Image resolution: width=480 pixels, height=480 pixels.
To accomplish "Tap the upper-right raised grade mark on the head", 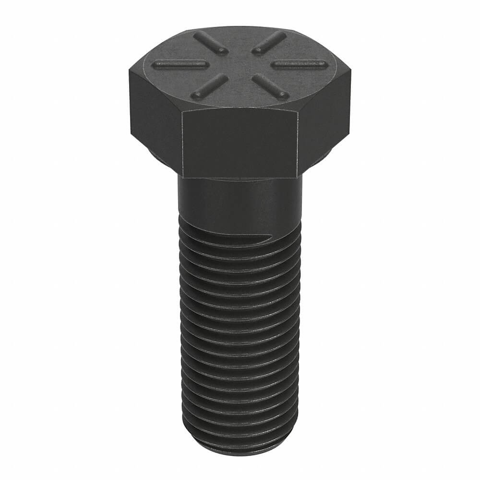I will click(269, 42).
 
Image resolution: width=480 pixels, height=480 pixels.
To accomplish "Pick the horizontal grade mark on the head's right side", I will click(298, 63).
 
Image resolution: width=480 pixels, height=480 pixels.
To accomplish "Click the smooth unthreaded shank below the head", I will click(240, 197).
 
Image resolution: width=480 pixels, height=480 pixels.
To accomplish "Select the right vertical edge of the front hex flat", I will click(300, 144).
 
